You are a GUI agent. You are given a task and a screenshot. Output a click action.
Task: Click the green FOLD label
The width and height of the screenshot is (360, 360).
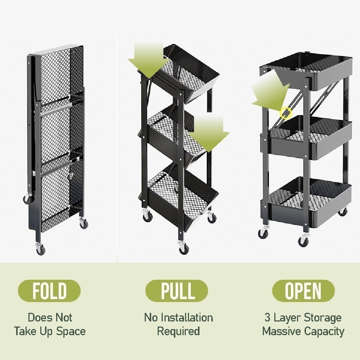coord(49,291)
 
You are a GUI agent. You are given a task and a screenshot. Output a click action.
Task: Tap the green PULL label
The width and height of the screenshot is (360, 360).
coord(177,291)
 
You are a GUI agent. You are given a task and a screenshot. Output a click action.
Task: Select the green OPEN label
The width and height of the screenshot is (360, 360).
coord(303,291)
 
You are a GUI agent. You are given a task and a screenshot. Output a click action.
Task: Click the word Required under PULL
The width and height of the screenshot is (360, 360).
coord(178,331)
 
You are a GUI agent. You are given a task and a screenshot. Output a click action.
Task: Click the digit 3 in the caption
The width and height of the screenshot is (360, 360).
coord(267,318)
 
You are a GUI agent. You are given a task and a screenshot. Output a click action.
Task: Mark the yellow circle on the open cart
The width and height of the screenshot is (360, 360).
coord(285,113)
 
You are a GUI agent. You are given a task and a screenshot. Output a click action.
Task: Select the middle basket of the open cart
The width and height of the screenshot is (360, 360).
coord(311,140)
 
